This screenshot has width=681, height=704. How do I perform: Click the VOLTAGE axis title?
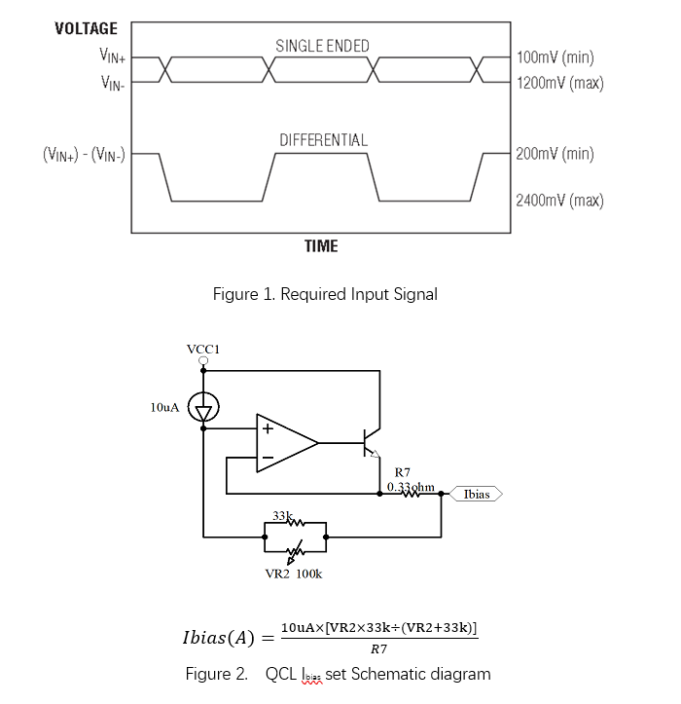pos(86,28)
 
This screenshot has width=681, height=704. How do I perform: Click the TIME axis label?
pos(320,245)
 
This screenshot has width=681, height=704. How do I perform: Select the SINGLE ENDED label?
pos(322,46)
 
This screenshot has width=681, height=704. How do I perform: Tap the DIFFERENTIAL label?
pos(323,140)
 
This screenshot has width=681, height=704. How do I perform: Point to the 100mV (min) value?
pos(556,57)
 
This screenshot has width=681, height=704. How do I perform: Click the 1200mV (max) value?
pos(560,83)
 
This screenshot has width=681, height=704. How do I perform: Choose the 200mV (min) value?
pos(556,154)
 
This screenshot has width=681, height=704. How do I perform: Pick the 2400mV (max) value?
pos(560,201)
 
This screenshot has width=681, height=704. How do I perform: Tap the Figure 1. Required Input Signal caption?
pos(325,294)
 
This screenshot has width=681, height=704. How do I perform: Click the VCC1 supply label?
pos(203,348)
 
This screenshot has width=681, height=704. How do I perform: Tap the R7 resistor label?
pos(401,472)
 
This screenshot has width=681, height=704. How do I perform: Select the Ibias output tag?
pos(476,494)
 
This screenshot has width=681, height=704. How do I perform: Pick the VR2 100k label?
pos(294,574)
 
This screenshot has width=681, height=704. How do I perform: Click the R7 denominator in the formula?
pos(379,648)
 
